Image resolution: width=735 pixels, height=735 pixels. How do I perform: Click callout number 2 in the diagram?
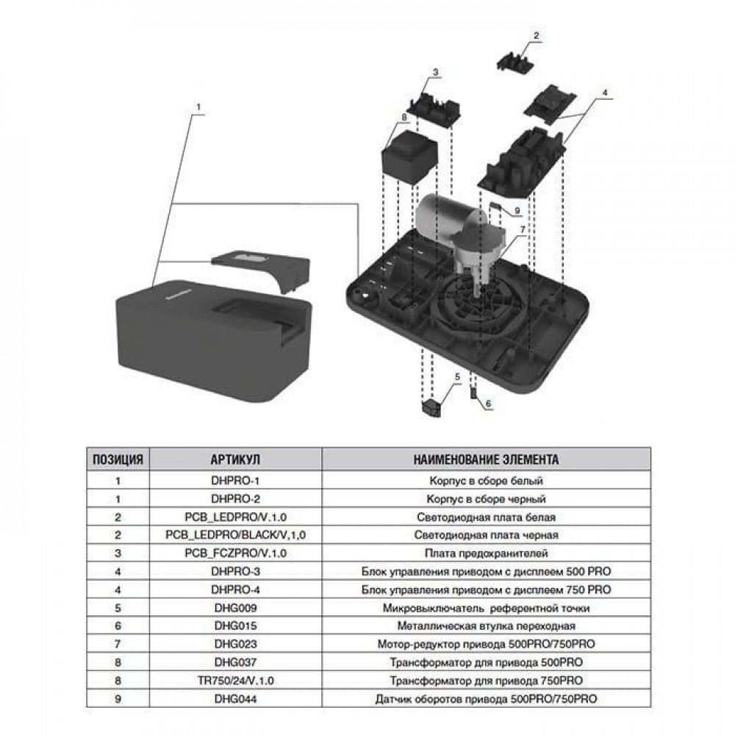[537, 35]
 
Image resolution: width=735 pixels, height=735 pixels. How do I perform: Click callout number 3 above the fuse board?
[435, 72]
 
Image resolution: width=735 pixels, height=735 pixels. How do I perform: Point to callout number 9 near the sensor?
[517, 210]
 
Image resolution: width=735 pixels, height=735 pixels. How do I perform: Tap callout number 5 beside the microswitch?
[456, 376]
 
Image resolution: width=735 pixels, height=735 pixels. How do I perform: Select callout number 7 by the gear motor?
[523, 230]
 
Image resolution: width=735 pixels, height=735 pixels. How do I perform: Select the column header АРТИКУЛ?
[235, 460]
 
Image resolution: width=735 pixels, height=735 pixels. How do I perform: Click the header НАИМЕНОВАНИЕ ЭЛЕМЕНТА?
[486, 460]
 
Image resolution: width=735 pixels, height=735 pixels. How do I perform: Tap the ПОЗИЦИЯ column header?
[118, 460]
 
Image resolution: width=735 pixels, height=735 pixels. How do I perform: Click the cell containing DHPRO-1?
[235, 481]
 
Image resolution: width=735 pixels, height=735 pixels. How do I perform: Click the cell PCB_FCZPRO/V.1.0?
[235, 553]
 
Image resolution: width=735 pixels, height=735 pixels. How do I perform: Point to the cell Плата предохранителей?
[486, 553]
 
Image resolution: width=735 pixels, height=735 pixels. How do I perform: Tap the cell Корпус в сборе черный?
[486, 499]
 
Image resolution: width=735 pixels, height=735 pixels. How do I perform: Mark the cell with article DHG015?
[235, 625]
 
